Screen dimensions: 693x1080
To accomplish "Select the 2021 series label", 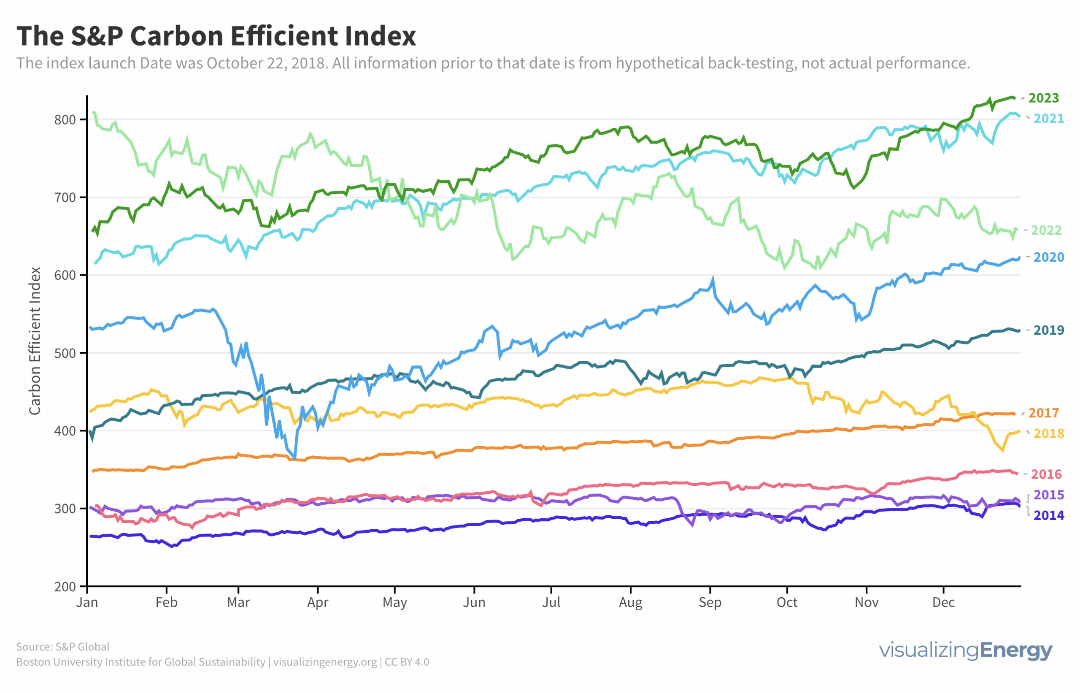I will click(x=1048, y=118).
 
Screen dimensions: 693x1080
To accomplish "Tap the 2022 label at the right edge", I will click(x=1046, y=230).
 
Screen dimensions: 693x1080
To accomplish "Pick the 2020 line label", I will click(x=1048, y=257).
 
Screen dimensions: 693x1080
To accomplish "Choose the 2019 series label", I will click(x=1048, y=330).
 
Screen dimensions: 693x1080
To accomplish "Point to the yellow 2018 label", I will click(x=1048, y=433).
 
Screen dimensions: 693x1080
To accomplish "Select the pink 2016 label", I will click(x=1046, y=474).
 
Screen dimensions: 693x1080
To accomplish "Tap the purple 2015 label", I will click(x=1048, y=495).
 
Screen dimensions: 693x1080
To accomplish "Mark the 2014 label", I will click(x=1048, y=515).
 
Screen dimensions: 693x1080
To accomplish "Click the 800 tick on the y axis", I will click(x=65, y=120).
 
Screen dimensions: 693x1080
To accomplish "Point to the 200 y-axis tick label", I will click(x=65, y=587).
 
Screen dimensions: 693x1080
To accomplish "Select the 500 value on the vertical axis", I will click(x=65, y=353).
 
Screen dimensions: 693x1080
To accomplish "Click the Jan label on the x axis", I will click(x=87, y=603).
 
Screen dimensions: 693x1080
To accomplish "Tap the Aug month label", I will click(x=630, y=603).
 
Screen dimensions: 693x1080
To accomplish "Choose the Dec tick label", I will click(x=943, y=603).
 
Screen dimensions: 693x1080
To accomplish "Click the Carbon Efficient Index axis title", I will click(x=35, y=341).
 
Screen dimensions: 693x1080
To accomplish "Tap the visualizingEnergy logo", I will click(x=965, y=651).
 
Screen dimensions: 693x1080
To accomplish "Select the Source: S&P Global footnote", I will click(x=63, y=647).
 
